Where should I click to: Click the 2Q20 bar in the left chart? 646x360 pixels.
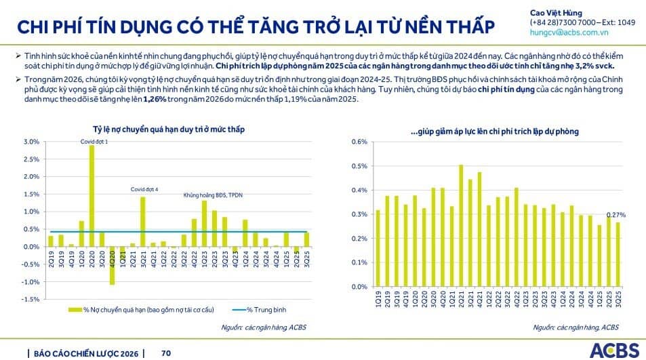(92, 197)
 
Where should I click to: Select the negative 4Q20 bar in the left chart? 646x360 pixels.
(112, 265)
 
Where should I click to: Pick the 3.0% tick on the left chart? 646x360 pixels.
(32, 142)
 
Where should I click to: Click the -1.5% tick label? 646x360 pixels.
(31, 299)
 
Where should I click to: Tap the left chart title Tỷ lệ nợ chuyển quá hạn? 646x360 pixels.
(169, 129)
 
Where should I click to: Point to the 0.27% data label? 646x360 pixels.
(615, 214)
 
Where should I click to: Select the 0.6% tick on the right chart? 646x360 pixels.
(359, 142)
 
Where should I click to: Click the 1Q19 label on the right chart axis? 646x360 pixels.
(378, 296)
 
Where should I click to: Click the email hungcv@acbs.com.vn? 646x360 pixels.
(569, 32)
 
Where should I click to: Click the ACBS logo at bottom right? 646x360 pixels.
(614, 350)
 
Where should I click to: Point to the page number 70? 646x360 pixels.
(166, 353)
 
